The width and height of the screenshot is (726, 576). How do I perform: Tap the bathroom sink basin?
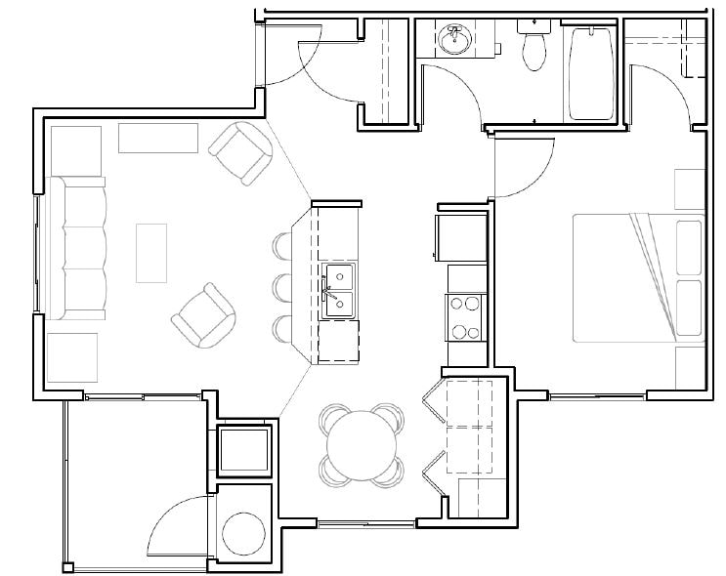pyautogui.click(x=454, y=41)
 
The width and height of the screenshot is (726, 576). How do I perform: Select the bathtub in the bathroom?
pyautogui.click(x=591, y=73)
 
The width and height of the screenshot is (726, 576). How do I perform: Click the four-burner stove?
pyautogui.click(x=465, y=317)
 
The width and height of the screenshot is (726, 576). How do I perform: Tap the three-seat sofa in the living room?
pyautogui.click(x=81, y=248)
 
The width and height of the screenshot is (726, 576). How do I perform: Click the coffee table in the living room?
pyautogui.click(x=151, y=253)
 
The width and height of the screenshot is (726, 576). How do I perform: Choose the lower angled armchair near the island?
pyautogui.click(x=204, y=318)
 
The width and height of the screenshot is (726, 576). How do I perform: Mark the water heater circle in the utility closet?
pyautogui.click(x=243, y=532)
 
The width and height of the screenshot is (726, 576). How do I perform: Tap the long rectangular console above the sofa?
pyautogui.click(x=156, y=138)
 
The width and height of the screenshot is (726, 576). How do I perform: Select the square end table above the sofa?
pyautogui.click(x=74, y=149)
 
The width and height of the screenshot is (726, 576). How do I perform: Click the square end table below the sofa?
pyautogui.click(x=72, y=357)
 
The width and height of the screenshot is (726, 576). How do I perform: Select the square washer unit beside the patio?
pyautogui.click(x=242, y=449)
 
